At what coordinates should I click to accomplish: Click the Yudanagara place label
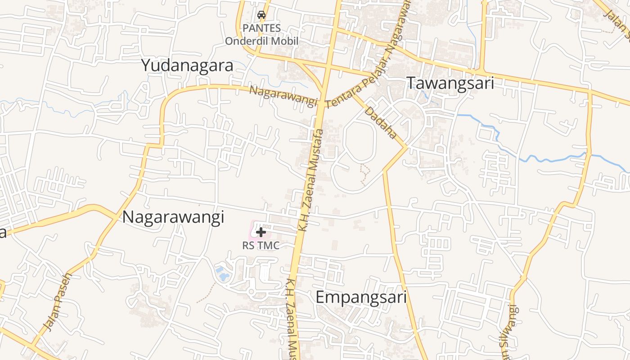coord(187,66)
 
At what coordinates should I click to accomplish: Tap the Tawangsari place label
coord(450,83)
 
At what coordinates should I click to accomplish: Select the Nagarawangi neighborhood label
coord(173,217)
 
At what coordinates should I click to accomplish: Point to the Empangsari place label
coord(361,297)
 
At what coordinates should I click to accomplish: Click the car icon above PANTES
coord(261,15)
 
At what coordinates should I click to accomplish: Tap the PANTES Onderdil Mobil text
coord(261,35)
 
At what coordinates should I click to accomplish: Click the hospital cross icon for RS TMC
coord(261,232)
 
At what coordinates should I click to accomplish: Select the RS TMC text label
coord(261,246)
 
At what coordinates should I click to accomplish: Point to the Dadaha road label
coord(381,122)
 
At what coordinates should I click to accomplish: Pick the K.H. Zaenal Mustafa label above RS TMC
coord(310,180)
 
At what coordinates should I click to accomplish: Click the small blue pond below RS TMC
coord(221,271)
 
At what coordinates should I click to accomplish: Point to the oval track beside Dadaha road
coord(360,139)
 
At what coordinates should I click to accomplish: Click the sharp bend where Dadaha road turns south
coord(407,147)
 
